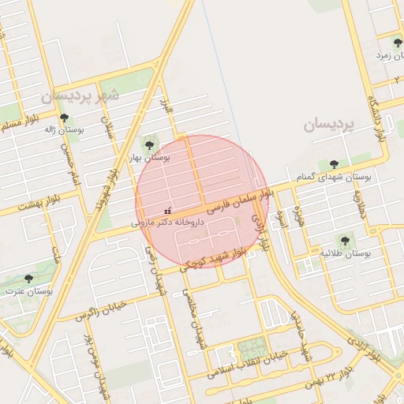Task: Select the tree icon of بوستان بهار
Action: (148, 144)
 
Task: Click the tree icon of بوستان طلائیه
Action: (344, 240)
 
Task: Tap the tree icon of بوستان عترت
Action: (29, 279)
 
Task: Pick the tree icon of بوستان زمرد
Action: (396, 43)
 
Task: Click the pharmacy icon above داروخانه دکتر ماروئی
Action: (166, 211)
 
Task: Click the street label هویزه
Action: (299, 217)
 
